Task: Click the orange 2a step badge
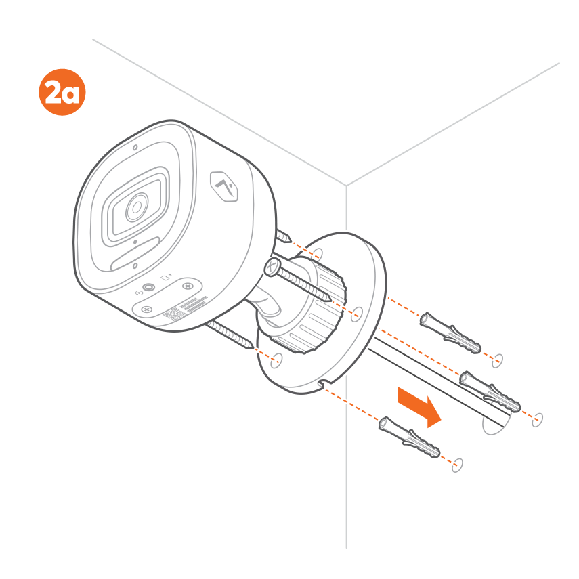pyautogui.click(x=62, y=92)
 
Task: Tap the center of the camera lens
pyautogui.click(x=137, y=207)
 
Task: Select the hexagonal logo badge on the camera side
pyautogui.click(x=223, y=186)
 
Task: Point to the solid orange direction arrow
pyautogui.click(x=420, y=407)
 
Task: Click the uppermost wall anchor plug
pyautogui.click(x=450, y=333)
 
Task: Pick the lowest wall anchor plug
pyautogui.click(x=410, y=437)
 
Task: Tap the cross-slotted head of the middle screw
pyautogui.click(x=272, y=267)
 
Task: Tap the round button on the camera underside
pyautogui.click(x=149, y=287)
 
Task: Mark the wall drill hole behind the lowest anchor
pyautogui.click(x=457, y=465)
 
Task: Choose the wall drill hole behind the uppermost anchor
pyautogui.click(x=497, y=361)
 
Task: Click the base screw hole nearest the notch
pyautogui.click(x=276, y=360)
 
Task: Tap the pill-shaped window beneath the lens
pyautogui.click(x=135, y=254)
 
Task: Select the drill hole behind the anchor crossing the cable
pyautogui.click(x=537, y=420)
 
